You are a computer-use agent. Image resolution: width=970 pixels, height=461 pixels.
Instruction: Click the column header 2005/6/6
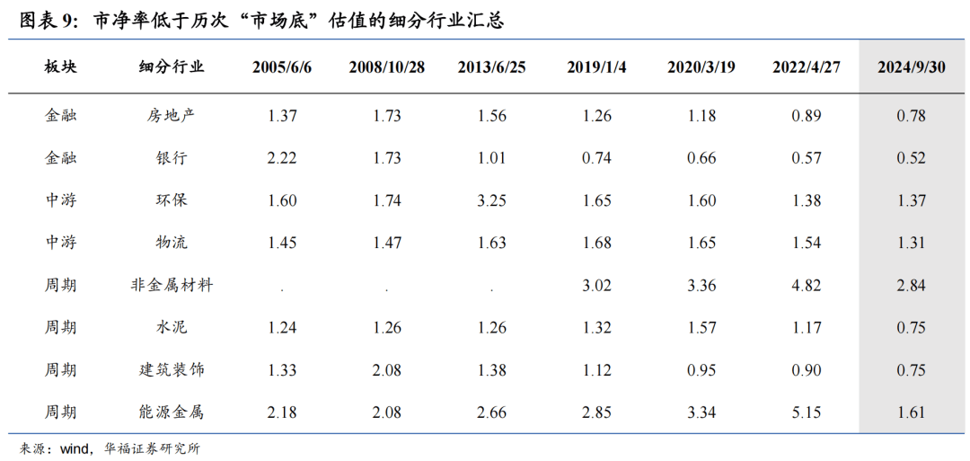pyautogui.click(x=282, y=68)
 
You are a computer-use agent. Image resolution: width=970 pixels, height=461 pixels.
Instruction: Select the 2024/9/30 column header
pyautogui.click(x=911, y=68)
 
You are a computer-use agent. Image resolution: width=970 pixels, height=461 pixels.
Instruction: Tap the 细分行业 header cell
pyautogui.click(x=172, y=68)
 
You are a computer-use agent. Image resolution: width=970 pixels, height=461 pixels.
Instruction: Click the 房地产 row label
pyautogui.click(x=172, y=115)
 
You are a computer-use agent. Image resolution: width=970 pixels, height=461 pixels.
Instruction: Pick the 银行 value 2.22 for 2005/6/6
pyautogui.click(x=282, y=157)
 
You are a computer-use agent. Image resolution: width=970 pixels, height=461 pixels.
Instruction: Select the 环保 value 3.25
pyautogui.click(x=491, y=200)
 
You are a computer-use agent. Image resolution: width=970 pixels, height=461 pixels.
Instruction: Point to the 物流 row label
pyautogui.click(x=172, y=243)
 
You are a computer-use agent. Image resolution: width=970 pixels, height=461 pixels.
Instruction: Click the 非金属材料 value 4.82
pyautogui.click(x=807, y=285)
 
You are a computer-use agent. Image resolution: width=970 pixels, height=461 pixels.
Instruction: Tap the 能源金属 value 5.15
pyautogui.click(x=807, y=412)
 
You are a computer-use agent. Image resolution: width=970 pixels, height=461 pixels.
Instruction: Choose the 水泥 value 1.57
pyautogui.click(x=701, y=327)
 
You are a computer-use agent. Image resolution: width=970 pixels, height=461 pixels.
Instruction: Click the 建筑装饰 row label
pyautogui.click(x=172, y=370)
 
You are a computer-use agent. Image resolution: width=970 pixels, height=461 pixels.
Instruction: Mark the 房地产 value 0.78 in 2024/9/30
pyautogui.click(x=911, y=115)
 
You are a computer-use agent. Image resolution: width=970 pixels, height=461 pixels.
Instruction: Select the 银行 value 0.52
pyautogui.click(x=911, y=157)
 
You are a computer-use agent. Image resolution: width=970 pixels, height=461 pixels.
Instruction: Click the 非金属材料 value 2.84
pyautogui.click(x=911, y=285)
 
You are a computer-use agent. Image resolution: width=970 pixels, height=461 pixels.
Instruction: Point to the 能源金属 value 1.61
pyautogui.click(x=911, y=412)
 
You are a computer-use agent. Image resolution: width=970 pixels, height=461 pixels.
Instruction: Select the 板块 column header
pyautogui.click(x=61, y=68)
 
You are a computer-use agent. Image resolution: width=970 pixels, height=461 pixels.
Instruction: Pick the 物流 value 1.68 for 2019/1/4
pyautogui.click(x=596, y=243)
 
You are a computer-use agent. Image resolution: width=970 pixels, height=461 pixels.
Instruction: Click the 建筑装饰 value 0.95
pyautogui.click(x=701, y=370)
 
